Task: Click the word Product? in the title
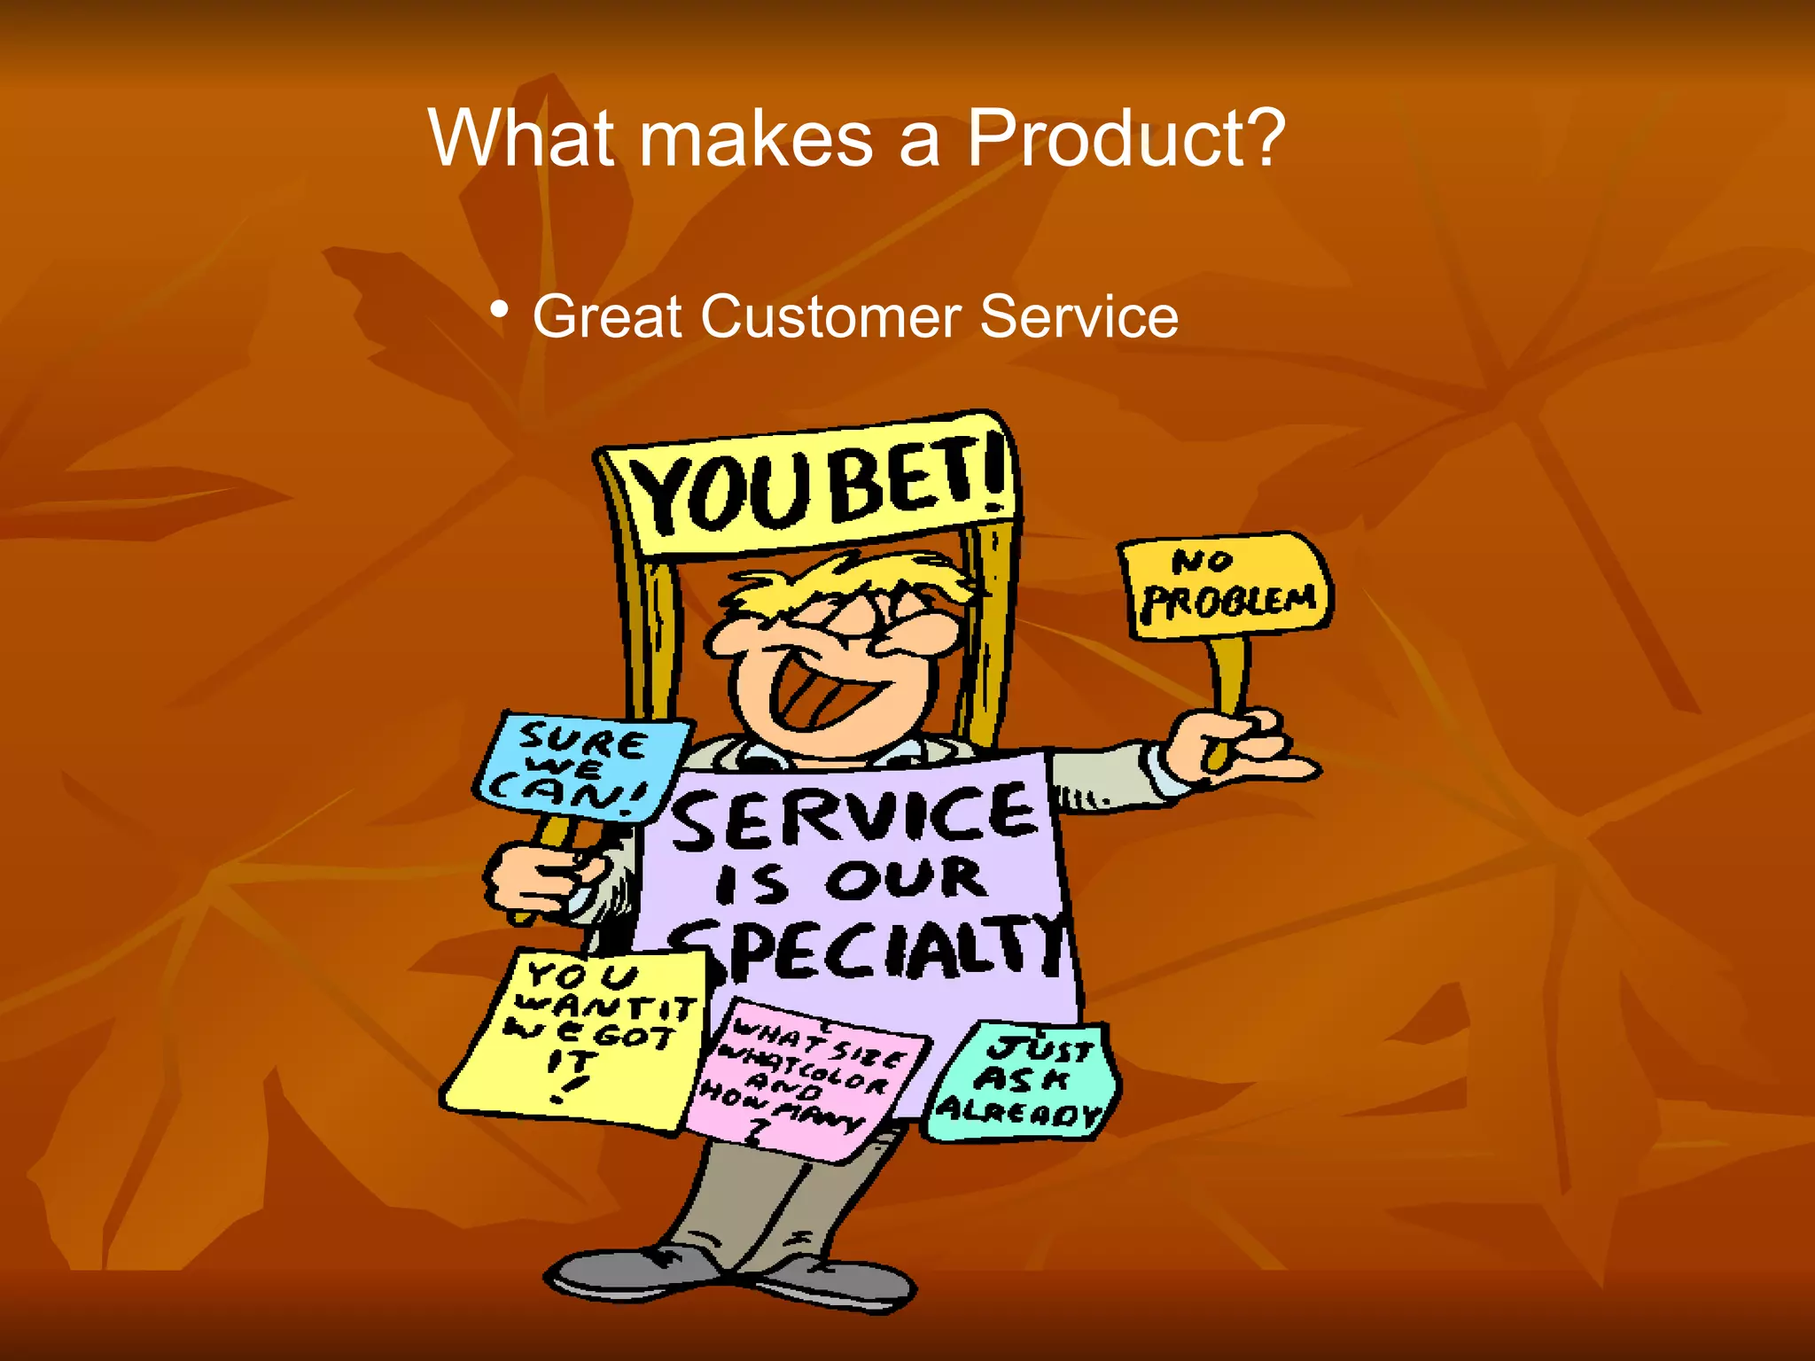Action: pos(1126,138)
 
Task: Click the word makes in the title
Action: pos(756,138)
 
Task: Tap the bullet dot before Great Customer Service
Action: pos(500,310)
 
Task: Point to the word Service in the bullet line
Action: pos(1079,316)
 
